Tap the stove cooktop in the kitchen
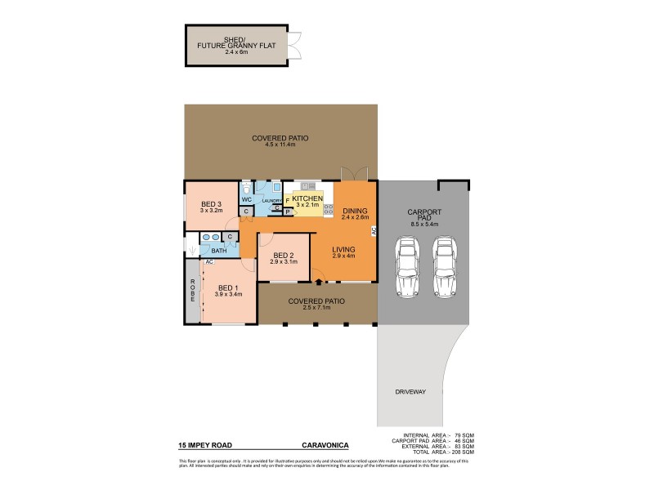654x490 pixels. click(x=329, y=210)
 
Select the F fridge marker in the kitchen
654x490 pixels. click(x=287, y=199)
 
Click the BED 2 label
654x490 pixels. click(x=284, y=254)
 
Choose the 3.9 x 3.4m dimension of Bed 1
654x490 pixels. click(x=227, y=295)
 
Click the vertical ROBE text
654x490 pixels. click(x=193, y=291)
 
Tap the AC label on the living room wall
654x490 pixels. click(x=374, y=231)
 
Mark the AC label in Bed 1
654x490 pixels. click(x=209, y=262)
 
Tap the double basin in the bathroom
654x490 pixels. click(x=211, y=237)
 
